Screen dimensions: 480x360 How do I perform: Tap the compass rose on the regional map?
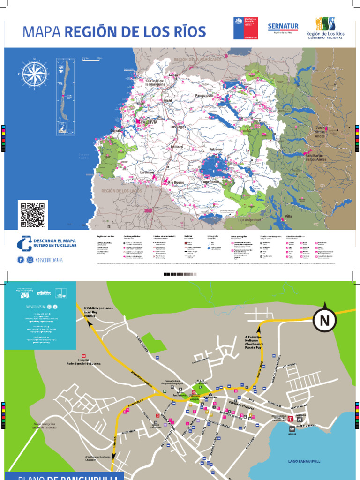tap(34, 74)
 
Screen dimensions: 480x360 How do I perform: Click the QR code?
tap(33, 214)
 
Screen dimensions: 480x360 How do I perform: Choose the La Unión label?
tap(147, 172)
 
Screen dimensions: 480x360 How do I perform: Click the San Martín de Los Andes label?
tap(315, 157)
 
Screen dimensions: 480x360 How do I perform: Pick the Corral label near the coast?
tap(116, 130)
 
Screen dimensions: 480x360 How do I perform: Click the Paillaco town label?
tap(176, 147)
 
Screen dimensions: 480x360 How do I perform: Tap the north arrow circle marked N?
tap(324, 321)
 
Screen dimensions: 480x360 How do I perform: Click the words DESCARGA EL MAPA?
tap(54, 240)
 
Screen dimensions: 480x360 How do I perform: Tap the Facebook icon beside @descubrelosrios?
tap(21, 259)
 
